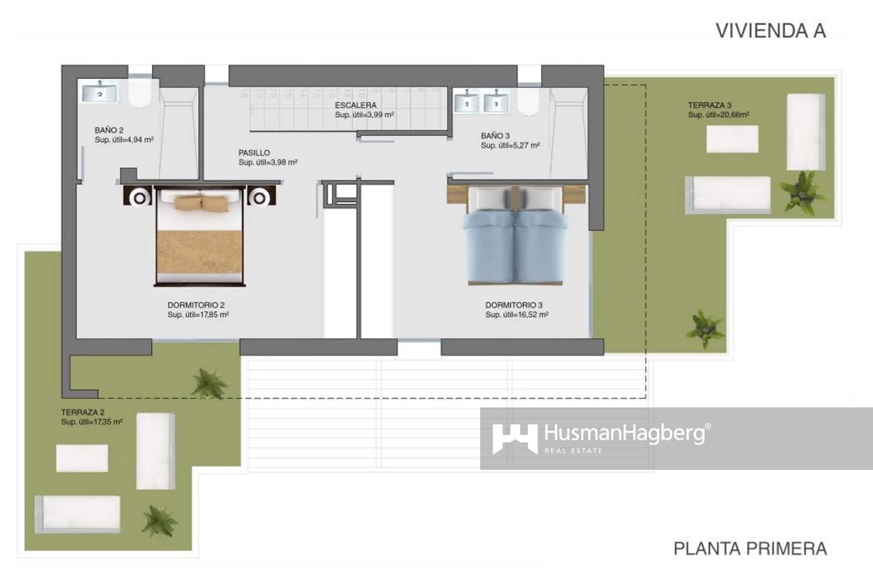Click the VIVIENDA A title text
tap(770, 31)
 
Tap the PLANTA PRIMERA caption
tap(750, 548)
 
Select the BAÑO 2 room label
tap(109, 130)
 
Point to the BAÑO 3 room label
tap(495, 135)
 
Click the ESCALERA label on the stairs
tap(356, 105)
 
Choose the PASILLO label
tap(254, 153)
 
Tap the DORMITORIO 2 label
tap(196, 305)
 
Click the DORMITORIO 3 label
tap(514, 305)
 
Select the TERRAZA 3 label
tap(709, 105)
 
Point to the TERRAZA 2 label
tap(82, 412)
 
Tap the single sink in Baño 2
tap(99, 93)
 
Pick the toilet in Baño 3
tap(528, 102)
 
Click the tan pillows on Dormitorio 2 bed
tap(201, 203)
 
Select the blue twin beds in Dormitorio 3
tap(516, 240)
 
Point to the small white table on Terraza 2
tap(82, 458)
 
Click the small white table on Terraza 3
tap(732, 139)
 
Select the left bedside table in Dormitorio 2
tap(139, 197)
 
